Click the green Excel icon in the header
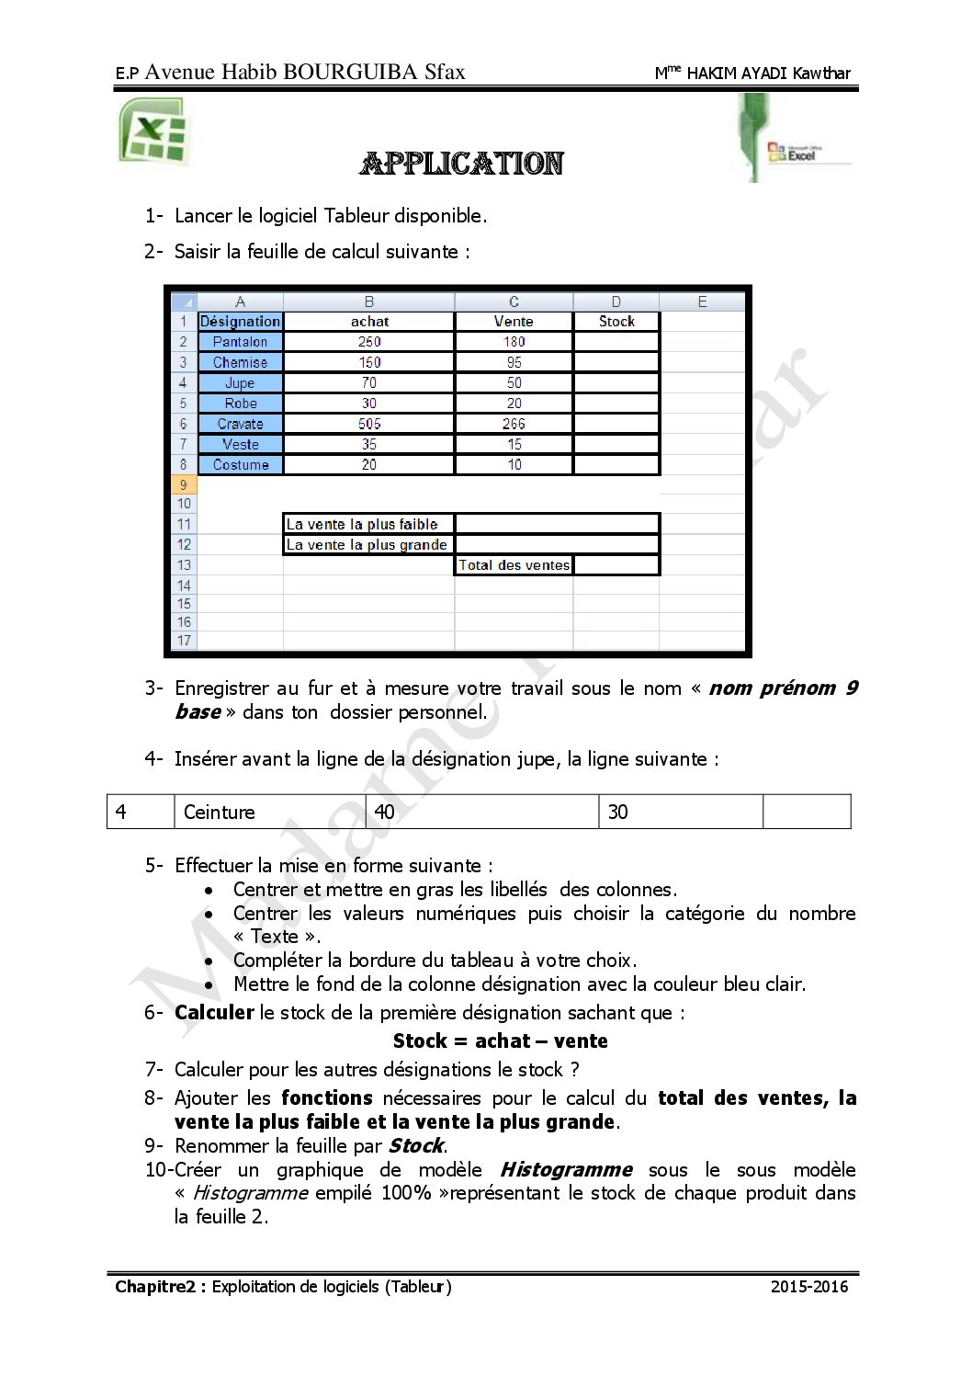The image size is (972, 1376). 153,131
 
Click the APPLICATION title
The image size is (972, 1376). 461,164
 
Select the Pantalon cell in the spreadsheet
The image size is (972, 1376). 240,342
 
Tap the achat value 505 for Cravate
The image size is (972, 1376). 369,424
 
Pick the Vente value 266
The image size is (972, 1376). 514,424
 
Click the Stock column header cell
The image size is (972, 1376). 616,322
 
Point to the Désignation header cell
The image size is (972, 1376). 240,322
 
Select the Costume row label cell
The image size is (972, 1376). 240,465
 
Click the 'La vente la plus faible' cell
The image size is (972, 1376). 368,524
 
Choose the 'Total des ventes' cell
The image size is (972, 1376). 514,565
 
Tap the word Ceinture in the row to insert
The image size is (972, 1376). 220,812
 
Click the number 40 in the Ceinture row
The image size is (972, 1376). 384,812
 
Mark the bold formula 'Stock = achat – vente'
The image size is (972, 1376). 500,1041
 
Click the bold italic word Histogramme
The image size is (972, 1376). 566,1169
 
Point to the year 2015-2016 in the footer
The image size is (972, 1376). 809,1286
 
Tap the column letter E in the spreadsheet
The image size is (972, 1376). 702,301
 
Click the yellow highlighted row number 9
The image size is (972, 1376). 184,485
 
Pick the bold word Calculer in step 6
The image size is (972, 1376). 214,1012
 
